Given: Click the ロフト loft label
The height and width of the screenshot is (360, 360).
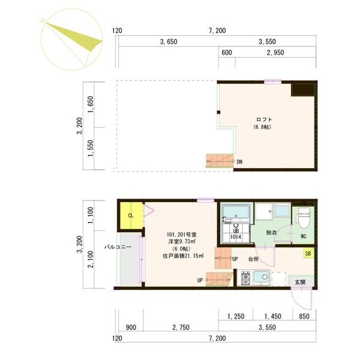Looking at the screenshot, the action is pos(264,119).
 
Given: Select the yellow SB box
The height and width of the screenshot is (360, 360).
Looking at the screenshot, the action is pos(308,253).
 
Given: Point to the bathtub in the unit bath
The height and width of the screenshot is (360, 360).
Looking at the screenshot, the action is pos(236,212).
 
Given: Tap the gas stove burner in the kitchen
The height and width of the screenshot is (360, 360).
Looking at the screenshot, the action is pos(245,278).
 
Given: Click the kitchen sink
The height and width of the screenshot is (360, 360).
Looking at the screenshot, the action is pos(261,278).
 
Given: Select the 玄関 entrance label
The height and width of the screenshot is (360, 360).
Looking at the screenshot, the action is pos(300,282).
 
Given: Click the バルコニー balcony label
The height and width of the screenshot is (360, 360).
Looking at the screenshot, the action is pos(118,247).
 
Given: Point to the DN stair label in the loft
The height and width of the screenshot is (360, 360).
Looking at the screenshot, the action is pos(239,162).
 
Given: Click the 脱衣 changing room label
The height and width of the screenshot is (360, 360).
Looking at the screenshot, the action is pos(271,233).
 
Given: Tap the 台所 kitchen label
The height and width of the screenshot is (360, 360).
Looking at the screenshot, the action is pos(253,259).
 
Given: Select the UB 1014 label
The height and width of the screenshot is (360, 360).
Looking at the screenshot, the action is pos(236,234).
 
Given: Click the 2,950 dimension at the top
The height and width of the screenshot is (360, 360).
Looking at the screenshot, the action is pos(275,53).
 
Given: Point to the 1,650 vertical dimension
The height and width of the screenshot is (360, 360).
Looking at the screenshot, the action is pos(91,104).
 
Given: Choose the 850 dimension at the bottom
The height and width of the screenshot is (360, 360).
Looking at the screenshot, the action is pos(304,316).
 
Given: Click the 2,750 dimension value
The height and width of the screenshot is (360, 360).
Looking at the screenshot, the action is pos(181,328).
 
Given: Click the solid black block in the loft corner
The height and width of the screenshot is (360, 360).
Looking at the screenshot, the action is pos(303,89).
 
